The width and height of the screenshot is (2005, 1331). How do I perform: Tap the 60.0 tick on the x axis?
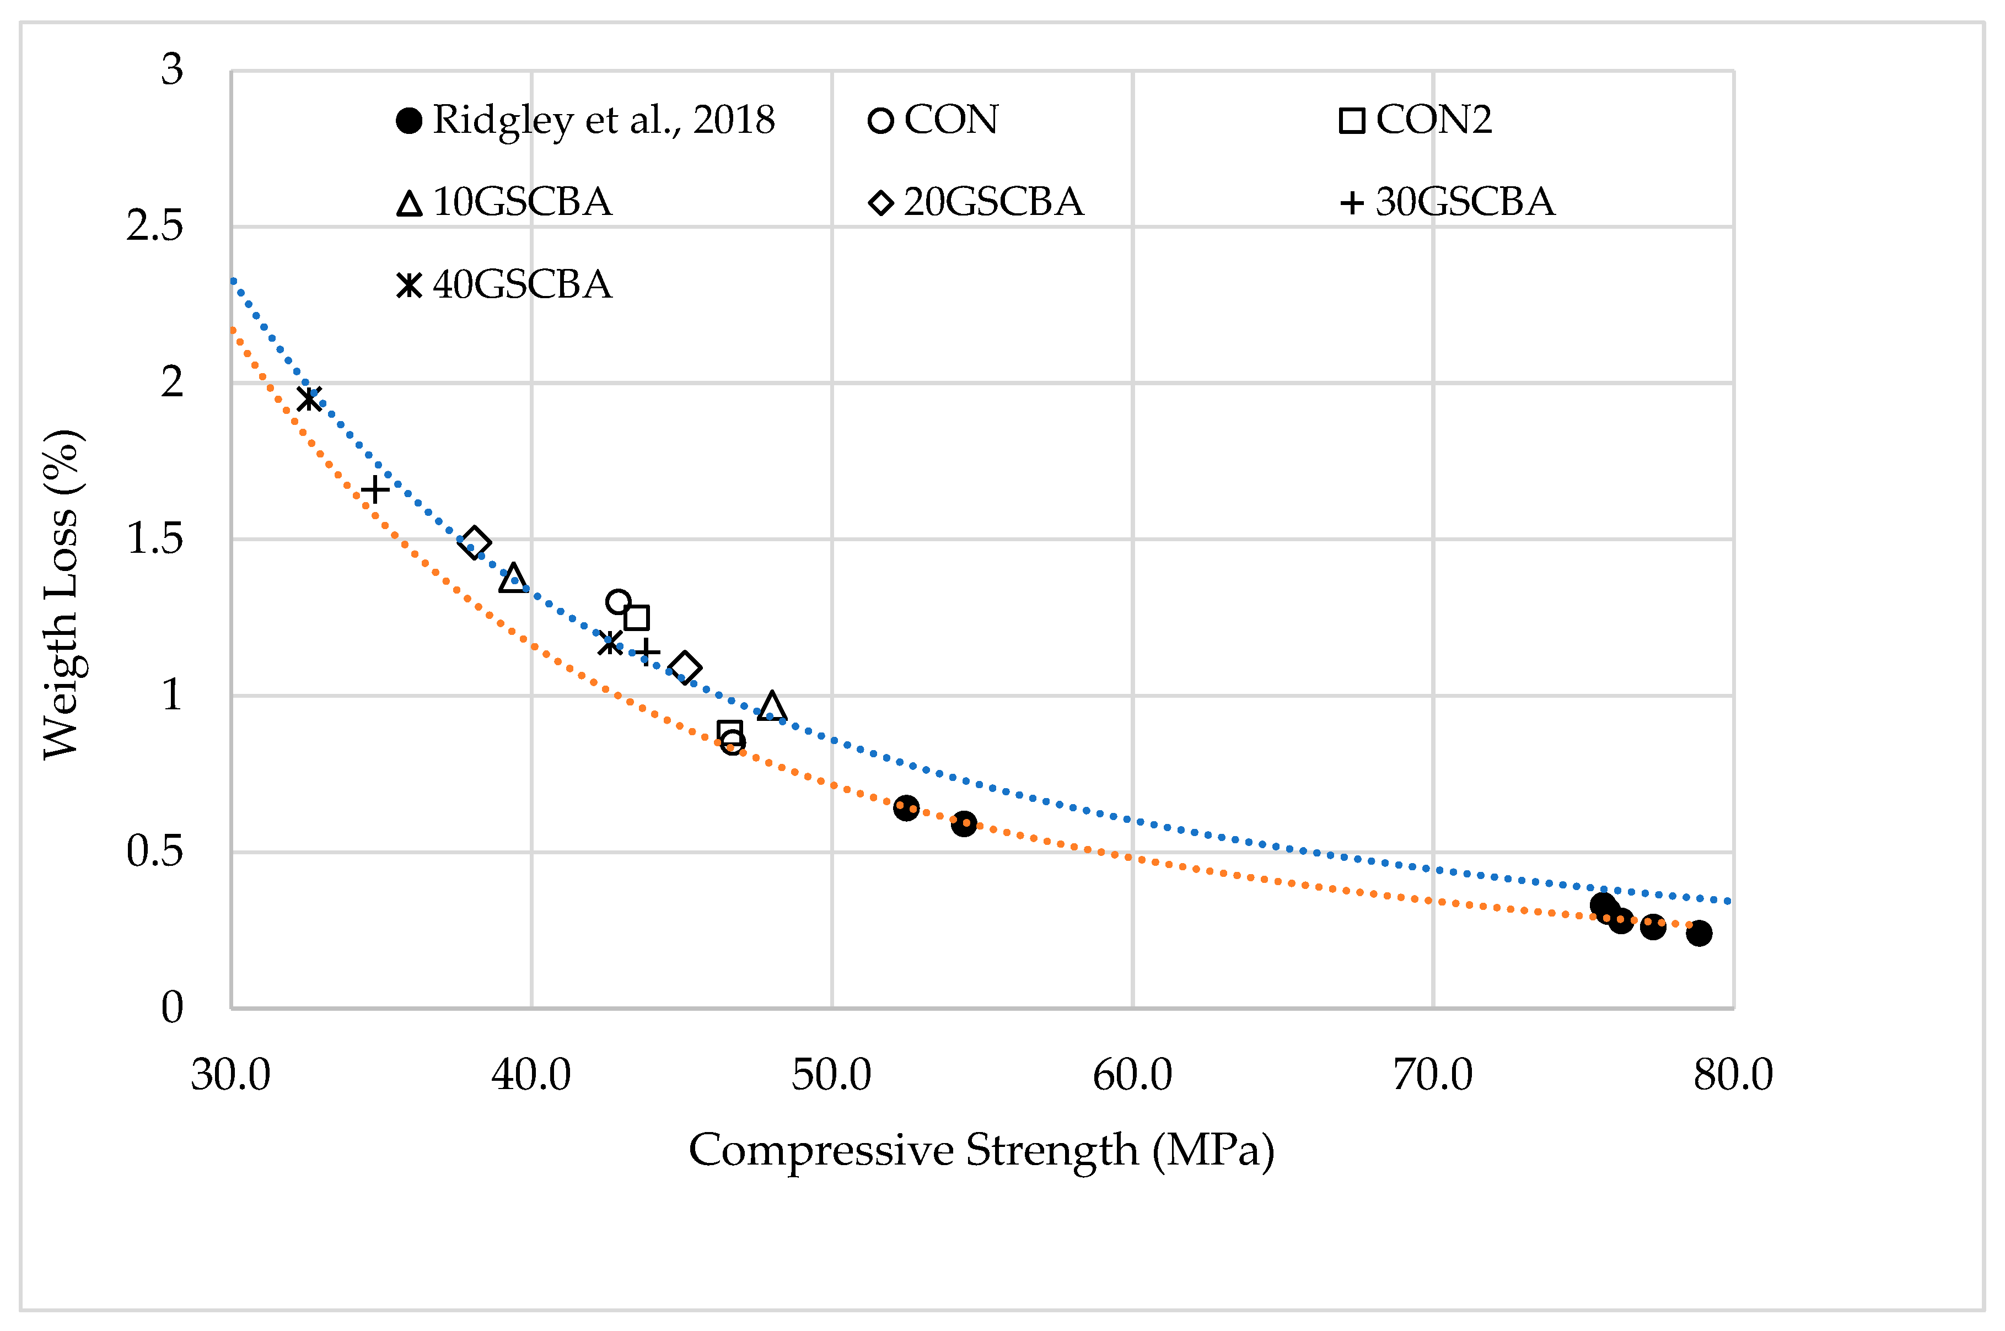click(1132, 1075)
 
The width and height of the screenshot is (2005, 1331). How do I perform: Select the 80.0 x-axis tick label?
click(1733, 1075)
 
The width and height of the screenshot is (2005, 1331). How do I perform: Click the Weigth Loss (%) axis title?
click(61, 594)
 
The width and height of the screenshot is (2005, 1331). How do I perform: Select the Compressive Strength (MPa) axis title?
click(981, 1151)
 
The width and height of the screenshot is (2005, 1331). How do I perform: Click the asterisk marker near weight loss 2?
click(309, 397)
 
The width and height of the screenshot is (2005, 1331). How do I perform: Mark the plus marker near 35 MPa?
click(374, 490)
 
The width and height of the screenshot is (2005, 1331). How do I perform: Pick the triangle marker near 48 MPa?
click(772, 706)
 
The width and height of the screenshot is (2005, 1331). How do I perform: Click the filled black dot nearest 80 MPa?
click(1698, 934)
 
